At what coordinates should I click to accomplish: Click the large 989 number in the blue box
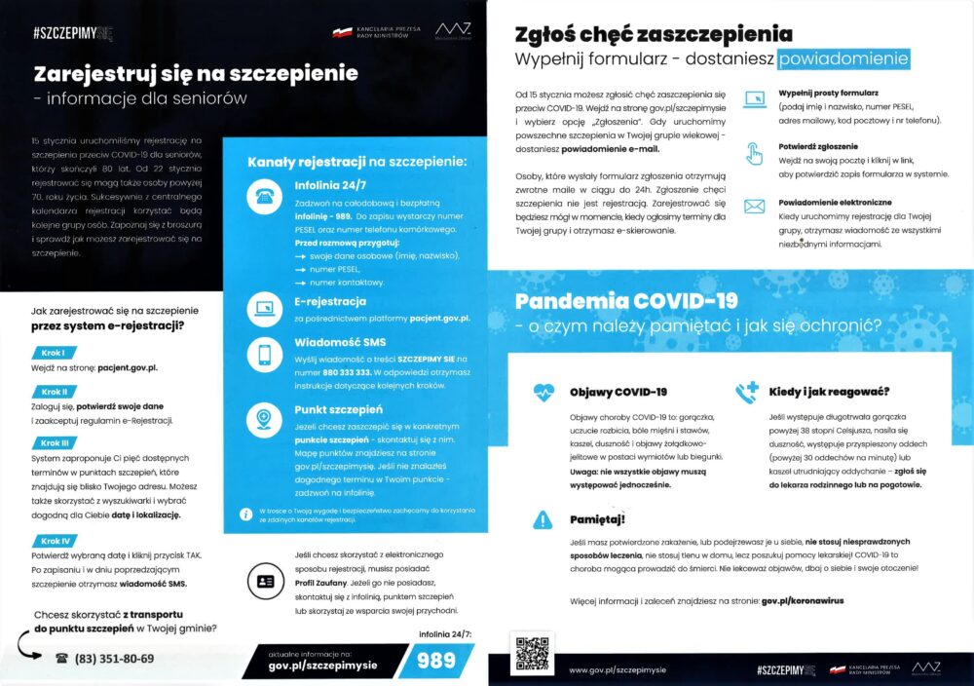tap(436, 661)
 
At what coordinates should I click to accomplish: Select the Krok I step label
tap(54, 352)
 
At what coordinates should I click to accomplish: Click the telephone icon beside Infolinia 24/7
tap(265, 194)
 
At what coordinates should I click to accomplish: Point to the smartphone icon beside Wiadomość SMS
tap(265, 356)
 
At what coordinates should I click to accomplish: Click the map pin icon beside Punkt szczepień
tap(265, 419)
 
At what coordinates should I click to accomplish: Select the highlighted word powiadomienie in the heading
tap(843, 58)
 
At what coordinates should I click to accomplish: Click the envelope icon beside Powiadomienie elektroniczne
tap(754, 206)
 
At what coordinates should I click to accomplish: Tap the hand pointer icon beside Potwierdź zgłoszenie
tap(754, 153)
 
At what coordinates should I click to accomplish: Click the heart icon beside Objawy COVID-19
tap(543, 392)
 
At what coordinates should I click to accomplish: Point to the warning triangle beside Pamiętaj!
tap(543, 520)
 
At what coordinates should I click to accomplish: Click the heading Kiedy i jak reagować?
tap(829, 392)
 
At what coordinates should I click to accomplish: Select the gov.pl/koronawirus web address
tap(803, 602)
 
